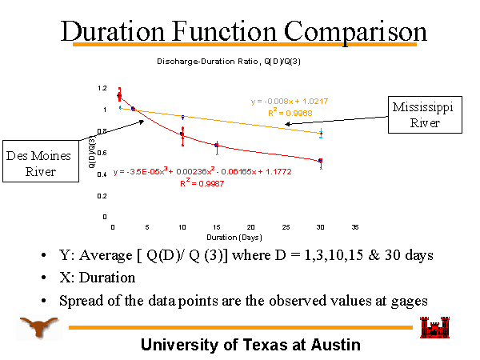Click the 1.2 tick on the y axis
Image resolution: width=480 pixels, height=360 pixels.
102,88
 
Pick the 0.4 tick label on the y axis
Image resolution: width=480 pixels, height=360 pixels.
102,174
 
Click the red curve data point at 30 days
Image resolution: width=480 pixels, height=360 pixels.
321,161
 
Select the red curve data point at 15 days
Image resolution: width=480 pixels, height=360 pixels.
217,146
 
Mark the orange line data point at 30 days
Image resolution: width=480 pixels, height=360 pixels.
321,134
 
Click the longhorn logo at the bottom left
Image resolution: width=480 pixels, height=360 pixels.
36,327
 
